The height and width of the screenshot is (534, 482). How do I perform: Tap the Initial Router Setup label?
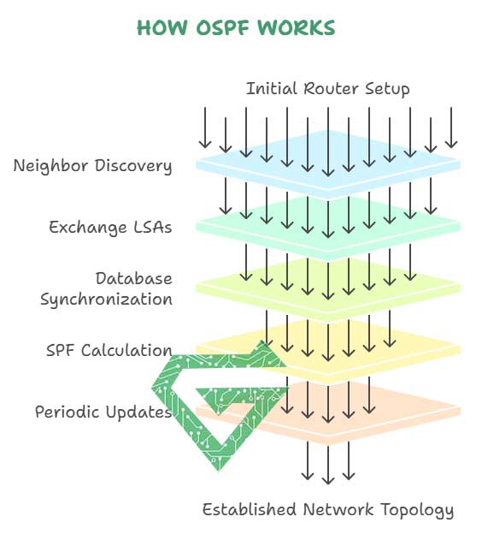(x=327, y=89)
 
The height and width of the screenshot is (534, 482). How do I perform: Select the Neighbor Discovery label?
(x=92, y=166)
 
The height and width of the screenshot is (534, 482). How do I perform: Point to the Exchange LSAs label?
(x=110, y=228)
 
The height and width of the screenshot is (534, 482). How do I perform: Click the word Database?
(x=133, y=279)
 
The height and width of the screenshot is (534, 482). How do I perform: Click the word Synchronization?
(x=106, y=300)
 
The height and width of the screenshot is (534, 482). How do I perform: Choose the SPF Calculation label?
(x=109, y=351)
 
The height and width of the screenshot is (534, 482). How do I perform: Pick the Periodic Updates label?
(x=103, y=412)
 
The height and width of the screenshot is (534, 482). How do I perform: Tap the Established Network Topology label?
(x=327, y=511)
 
